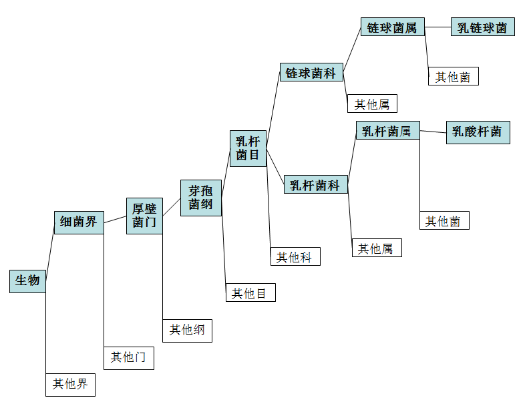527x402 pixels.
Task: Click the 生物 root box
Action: point(27,280)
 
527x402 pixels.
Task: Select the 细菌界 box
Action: point(79,222)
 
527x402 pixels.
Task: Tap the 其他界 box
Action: point(70,384)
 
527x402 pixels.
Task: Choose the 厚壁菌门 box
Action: point(144,216)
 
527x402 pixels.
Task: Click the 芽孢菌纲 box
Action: point(200,198)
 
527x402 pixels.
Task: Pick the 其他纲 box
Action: point(187,330)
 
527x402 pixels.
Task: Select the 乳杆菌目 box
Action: point(248,148)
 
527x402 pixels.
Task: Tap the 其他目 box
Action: point(250,292)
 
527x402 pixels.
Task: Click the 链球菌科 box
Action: point(311,73)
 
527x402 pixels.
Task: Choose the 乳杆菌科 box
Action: point(316,185)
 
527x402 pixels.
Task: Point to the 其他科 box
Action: point(295,256)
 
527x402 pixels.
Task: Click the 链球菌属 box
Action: point(393,27)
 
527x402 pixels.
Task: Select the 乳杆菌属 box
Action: point(387,131)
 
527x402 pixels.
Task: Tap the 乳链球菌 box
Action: point(482,27)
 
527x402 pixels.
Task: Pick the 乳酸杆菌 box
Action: point(478,132)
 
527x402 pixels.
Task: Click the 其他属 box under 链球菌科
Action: point(373,104)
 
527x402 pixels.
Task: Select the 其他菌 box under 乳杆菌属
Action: point(444,221)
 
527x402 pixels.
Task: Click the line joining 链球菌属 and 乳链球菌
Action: point(438,27)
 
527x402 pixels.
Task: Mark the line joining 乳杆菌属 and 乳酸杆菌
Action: point(433,132)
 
